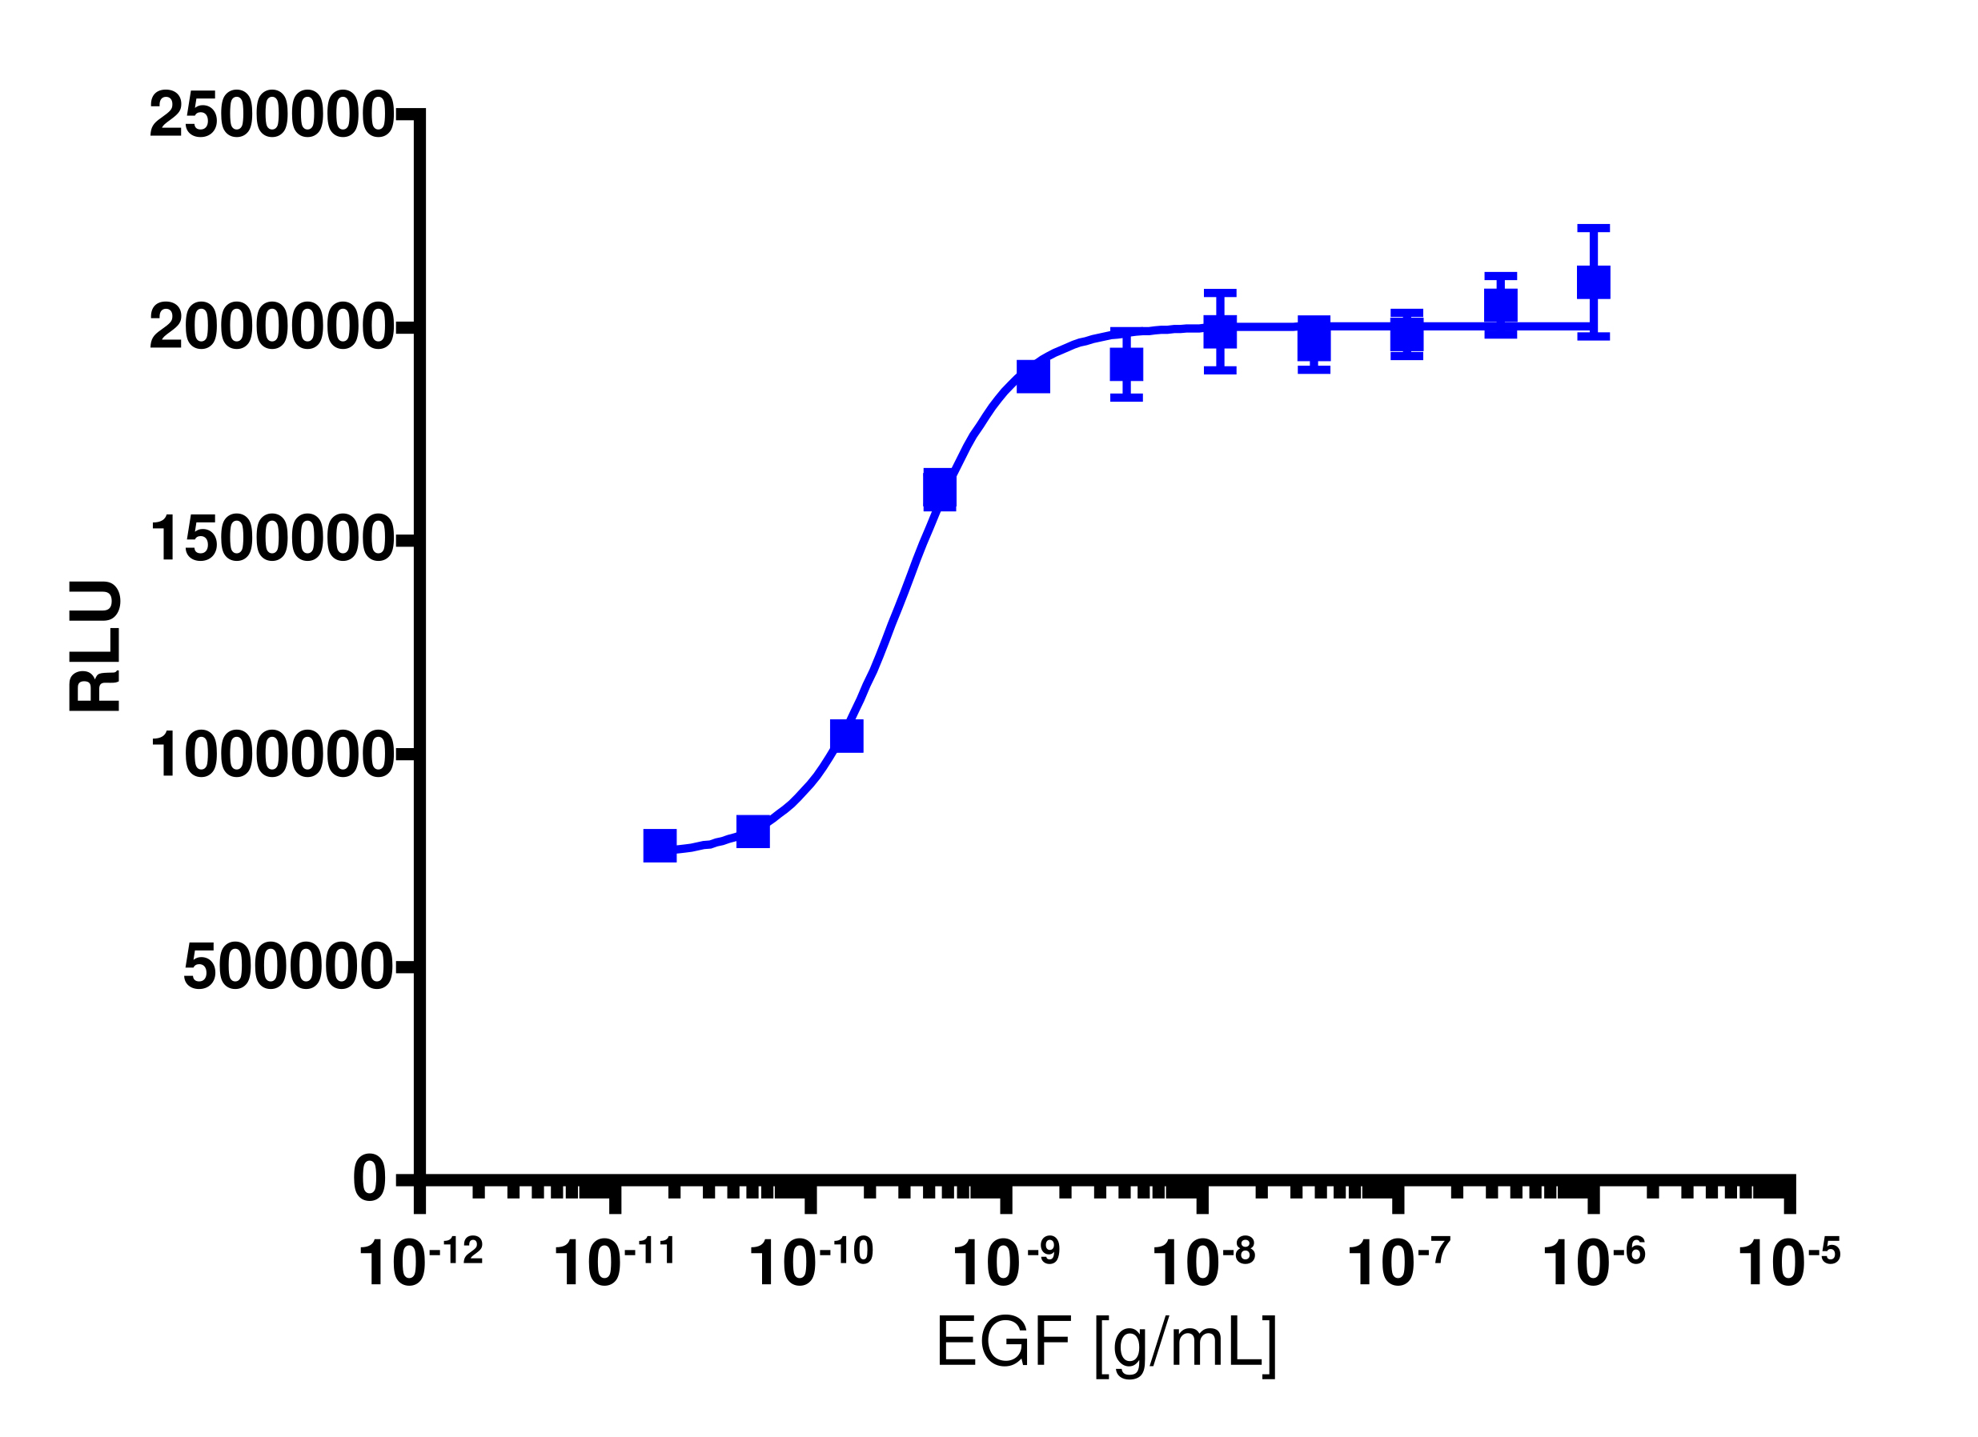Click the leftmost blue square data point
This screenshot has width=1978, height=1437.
click(x=660, y=845)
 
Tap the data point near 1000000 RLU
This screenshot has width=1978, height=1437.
click(x=847, y=736)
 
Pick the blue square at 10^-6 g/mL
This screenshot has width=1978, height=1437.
click(x=1594, y=282)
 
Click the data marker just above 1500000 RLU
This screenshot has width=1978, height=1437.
click(x=939, y=490)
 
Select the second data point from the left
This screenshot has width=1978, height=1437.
click(x=753, y=832)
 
